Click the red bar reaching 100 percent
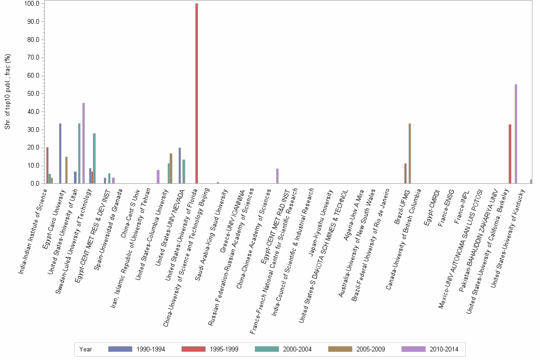[197, 93]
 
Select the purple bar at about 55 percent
[516, 134]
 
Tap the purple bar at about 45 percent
[83, 143]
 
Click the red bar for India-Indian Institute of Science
[47, 165]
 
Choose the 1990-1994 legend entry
[137, 349]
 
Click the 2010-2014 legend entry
[430, 349]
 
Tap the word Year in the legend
[86, 349]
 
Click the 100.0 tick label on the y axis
[31, 4]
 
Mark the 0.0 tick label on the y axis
[34, 183]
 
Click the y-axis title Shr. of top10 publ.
[8, 91]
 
